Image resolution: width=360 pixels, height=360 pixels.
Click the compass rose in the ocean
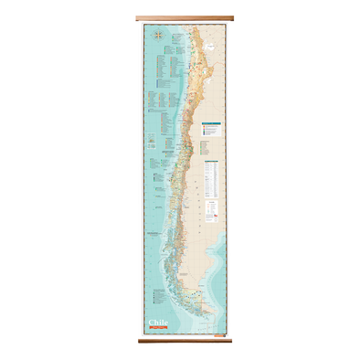159,37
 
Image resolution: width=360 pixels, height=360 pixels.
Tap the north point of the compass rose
159,32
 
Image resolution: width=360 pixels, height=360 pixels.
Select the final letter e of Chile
166,322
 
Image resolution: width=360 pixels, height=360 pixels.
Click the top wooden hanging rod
180,17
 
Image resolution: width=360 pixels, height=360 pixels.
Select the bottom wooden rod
180,341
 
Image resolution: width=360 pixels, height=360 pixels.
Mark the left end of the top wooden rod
138,17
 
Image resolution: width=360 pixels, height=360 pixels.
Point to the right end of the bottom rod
221,341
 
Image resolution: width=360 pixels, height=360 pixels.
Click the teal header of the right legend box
210,125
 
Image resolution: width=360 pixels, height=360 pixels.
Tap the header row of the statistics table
211,162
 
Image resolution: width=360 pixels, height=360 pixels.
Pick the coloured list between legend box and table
209,146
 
